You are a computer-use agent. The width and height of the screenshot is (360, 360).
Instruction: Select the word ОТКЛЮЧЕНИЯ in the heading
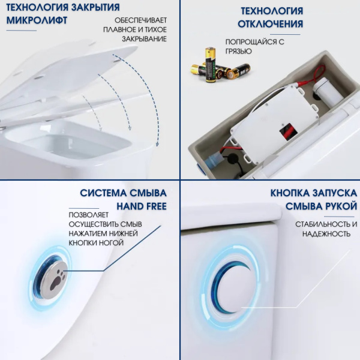click(271, 24)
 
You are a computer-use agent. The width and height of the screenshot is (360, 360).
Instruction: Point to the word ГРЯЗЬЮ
click(239, 52)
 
